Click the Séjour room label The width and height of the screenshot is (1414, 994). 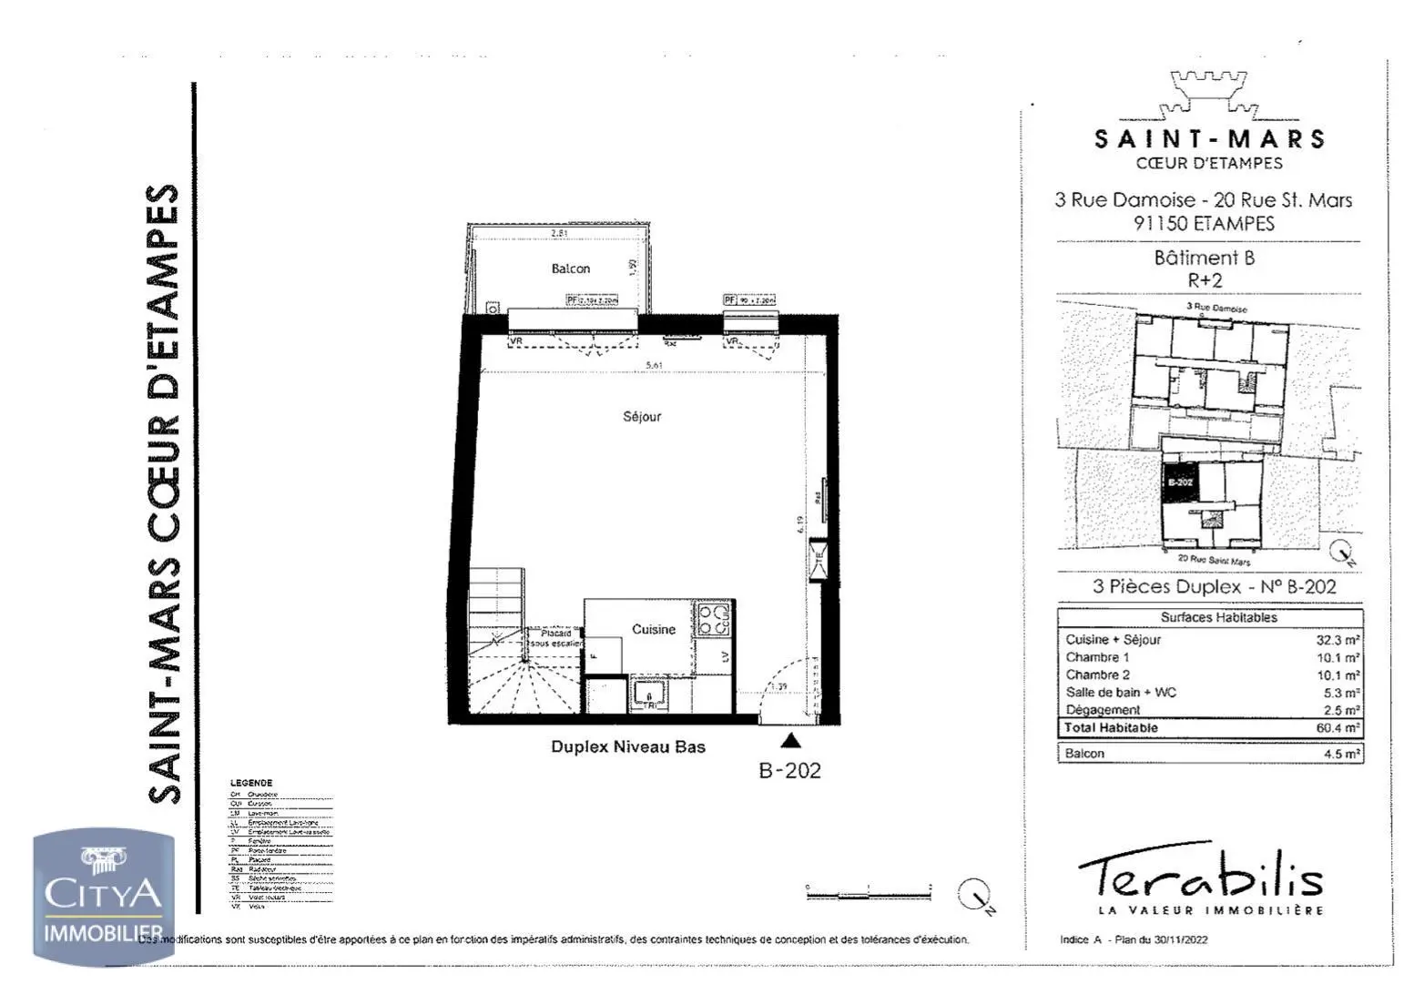[x=642, y=417]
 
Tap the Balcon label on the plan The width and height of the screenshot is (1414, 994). [x=571, y=269]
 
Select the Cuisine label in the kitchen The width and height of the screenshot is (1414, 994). [x=654, y=629]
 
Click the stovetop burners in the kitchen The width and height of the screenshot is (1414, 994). [x=714, y=619]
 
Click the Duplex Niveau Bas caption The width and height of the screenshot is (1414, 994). [x=628, y=747]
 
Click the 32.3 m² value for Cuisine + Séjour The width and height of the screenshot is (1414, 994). [x=1338, y=640]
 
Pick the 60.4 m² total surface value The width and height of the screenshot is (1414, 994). [x=1338, y=728]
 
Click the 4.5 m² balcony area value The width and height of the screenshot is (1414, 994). [x=1341, y=754]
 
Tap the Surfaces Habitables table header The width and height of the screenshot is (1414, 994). [x=1218, y=617]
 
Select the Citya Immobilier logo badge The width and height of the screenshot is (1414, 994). [x=103, y=897]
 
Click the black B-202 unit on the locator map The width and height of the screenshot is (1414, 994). [x=1180, y=482]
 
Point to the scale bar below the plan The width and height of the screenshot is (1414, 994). [x=869, y=893]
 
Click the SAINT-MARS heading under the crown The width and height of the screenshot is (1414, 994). [x=1209, y=139]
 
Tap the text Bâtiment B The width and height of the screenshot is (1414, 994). [x=1204, y=258]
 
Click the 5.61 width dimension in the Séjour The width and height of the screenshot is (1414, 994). [x=654, y=365]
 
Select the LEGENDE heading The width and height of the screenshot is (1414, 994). [x=251, y=783]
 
